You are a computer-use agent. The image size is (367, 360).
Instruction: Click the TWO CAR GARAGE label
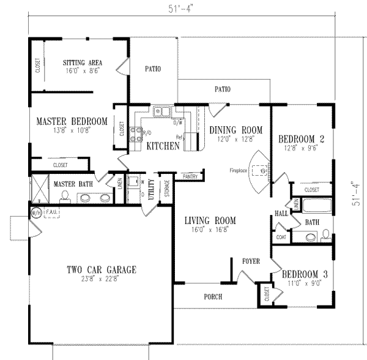click(101, 269)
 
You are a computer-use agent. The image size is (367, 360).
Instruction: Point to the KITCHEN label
click(163, 146)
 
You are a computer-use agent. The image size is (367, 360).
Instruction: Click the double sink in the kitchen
click(162, 111)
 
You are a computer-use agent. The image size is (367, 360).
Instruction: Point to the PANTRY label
click(190, 176)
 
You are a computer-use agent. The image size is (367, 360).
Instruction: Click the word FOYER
click(251, 261)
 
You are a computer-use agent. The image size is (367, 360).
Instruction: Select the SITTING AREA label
click(82, 62)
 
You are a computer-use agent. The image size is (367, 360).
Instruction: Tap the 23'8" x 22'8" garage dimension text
click(101, 279)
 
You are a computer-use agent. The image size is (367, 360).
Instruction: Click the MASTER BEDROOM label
click(71, 121)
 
